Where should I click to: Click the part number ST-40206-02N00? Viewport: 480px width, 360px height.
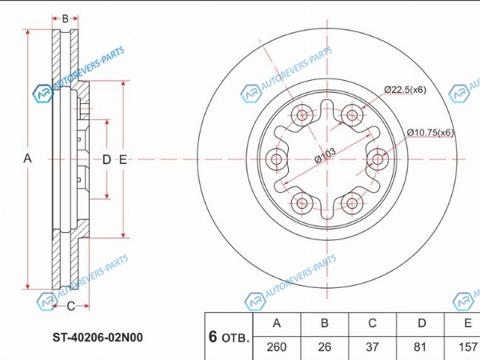pos(98,338)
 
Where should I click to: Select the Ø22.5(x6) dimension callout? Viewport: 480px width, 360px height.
pos(405,90)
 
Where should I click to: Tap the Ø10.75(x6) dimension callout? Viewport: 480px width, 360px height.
pos(430,133)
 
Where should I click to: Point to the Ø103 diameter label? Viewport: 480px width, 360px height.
pos(325,155)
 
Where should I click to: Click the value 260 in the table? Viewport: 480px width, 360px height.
pos(277,347)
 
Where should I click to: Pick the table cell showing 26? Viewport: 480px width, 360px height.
pos(325,347)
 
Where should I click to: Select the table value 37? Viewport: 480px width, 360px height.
pos(372,347)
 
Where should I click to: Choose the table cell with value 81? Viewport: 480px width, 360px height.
pos(420,347)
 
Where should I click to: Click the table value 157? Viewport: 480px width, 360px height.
pos(468,347)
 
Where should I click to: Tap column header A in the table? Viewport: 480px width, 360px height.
pos(277,323)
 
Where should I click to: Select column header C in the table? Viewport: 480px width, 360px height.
pos(372,323)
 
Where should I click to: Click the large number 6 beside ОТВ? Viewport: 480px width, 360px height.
pos(213,337)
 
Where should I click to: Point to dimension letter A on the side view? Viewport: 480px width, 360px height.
pos(27,158)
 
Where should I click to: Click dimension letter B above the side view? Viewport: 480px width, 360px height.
pos(66,18)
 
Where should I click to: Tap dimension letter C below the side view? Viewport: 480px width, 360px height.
pos(70,306)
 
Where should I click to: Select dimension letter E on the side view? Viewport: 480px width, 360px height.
pos(122,159)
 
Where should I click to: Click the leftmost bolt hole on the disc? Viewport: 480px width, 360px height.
pos(277,159)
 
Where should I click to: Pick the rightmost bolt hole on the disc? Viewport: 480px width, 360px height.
pos(378,159)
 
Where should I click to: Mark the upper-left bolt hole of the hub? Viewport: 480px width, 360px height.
pos(302,115)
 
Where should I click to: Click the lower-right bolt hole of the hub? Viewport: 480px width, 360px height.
pos(352,203)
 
